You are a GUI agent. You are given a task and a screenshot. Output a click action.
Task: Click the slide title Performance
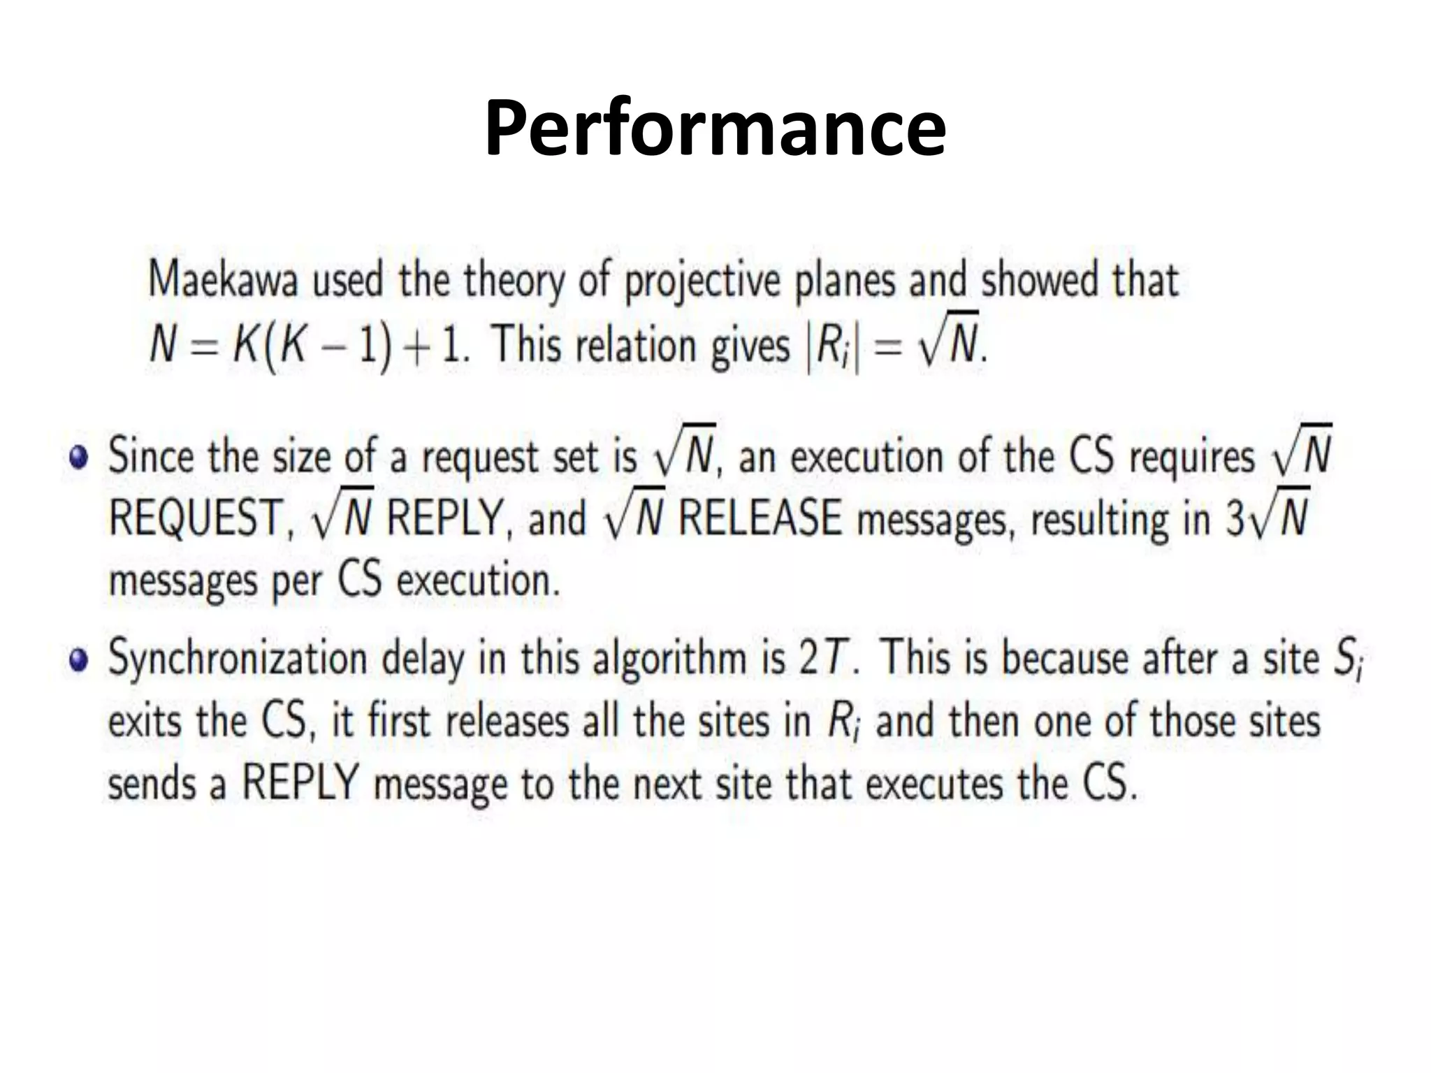[x=715, y=128]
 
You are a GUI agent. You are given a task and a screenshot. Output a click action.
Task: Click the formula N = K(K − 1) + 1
[x=307, y=346]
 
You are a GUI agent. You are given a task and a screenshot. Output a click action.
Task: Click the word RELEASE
[x=760, y=518]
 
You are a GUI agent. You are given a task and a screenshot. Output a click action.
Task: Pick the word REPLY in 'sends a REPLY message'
[x=300, y=784]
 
